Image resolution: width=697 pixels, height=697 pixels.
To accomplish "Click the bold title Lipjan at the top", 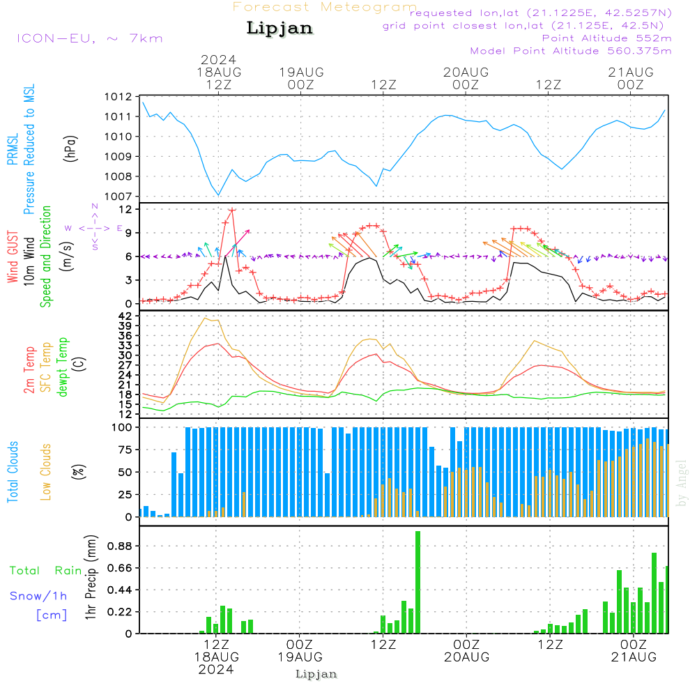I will (279, 28).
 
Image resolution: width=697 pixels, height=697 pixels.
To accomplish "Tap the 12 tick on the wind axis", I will (124, 209).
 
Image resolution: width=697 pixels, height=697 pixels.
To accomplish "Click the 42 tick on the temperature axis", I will (125, 316).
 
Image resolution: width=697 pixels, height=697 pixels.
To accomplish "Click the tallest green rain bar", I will (418, 582).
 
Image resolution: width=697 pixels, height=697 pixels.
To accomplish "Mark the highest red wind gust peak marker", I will (231, 209).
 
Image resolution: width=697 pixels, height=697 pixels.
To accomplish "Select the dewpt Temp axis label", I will (63, 367).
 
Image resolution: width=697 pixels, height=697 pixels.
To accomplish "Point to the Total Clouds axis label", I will (13, 471).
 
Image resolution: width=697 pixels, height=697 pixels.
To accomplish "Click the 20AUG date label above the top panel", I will (466, 72).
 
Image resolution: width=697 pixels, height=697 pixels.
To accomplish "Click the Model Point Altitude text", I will (571, 51).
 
